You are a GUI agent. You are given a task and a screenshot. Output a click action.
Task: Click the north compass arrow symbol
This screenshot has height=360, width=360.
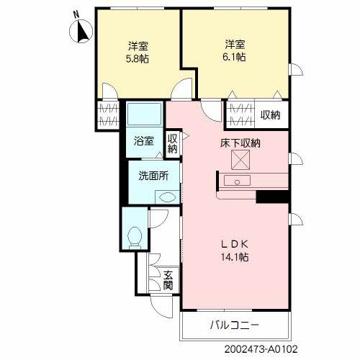coord(81,32)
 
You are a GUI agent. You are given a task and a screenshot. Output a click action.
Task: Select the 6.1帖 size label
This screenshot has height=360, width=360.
coord(233,57)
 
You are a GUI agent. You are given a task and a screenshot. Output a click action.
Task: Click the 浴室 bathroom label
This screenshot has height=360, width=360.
coord(143,141)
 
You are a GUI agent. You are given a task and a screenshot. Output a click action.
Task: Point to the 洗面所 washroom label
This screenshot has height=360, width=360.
coord(153,174)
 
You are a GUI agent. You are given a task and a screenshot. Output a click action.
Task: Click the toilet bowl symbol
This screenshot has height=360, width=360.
coord(133,235)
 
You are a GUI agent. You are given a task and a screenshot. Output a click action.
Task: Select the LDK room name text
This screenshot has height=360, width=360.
coord(234,244)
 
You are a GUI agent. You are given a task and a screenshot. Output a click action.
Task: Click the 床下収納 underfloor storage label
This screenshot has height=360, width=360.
coord(240,143)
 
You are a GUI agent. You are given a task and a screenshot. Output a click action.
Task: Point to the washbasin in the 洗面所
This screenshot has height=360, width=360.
coord(165,197)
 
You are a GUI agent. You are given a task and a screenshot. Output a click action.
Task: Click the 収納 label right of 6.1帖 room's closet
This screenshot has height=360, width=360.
coord(271,114)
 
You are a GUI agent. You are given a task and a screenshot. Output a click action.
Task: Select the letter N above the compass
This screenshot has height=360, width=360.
coord(77,14)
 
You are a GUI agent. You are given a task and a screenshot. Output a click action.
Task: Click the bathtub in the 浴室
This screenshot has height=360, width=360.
coord(145,114)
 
